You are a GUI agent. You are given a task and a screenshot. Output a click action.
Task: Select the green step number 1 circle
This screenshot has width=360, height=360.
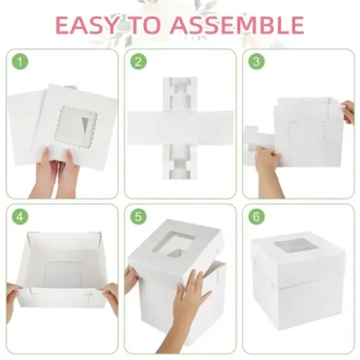(x=23, y=62)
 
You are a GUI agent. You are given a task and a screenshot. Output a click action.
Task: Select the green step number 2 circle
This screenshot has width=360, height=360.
(x=138, y=62)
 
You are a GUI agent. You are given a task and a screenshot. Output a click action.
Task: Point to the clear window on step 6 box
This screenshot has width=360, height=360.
(x=291, y=249)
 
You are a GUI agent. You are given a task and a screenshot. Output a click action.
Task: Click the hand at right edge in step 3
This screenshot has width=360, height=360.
(x=348, y=113)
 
